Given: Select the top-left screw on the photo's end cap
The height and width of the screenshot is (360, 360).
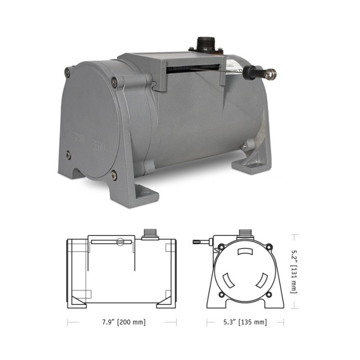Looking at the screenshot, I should point(68,71).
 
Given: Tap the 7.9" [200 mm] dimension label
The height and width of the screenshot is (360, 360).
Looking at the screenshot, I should point(116,322).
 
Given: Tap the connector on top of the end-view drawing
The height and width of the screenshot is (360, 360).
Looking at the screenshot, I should point(245,233).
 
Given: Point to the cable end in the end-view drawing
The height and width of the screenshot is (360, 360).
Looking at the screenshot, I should point(197,242).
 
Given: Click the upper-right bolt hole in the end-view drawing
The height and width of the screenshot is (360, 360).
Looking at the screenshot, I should point(269,246).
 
